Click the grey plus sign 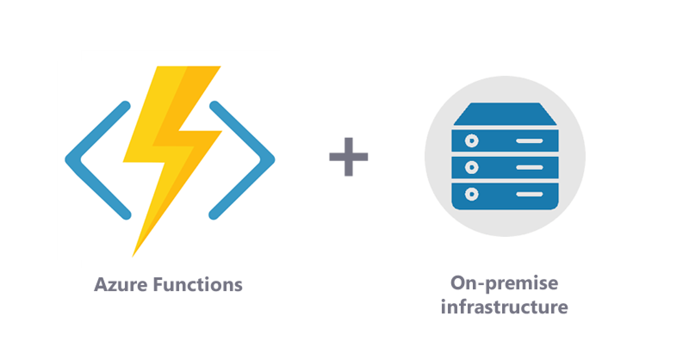tap(348, 157)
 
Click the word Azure tap(121, 285)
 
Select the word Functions tap(198, 284)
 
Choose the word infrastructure tap(504, 307)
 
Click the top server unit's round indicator tap(472, 141)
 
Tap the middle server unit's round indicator tap(472, 168)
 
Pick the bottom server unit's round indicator tap(472, 194)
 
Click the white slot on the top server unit tap(529, 141)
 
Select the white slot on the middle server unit tap(529, 168)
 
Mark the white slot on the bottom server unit tap(529, 194)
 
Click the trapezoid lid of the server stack tap(505, 114)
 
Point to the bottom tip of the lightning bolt tap(132, 257)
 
